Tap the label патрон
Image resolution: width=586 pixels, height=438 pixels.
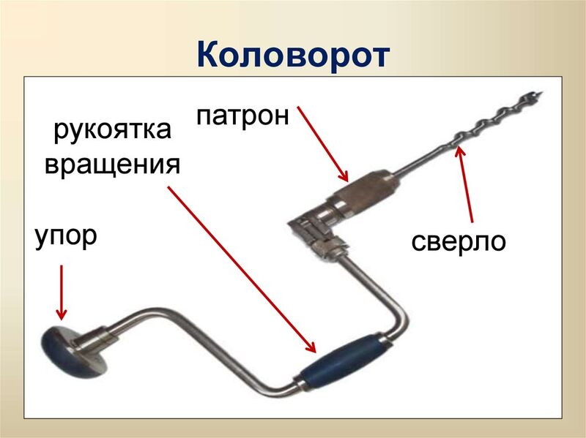pyautogui.click(x=242, y=116)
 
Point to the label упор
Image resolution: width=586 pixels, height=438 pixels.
pyautogui.click(x=65, y=238)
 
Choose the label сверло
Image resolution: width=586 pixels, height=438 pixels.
pyautogui.click(x=459, y=241)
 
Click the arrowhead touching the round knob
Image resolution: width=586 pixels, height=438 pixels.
pyautogui.click(x=62, y=316)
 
